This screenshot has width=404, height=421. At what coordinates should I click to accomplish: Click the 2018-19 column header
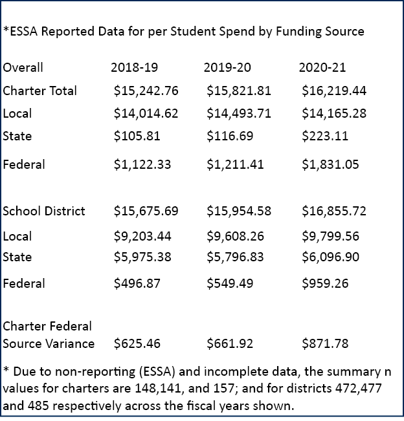point(134,67)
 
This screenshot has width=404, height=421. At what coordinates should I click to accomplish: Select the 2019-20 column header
point(227,67)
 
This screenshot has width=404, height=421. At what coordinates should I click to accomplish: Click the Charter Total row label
point(40,91)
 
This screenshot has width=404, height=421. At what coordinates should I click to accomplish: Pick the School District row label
point(44,211)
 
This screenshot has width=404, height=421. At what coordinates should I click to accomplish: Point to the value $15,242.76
point(146,91)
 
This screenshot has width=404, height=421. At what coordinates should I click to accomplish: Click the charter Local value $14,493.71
point(239,113)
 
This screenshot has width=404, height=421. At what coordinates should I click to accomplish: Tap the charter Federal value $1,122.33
point(142,164)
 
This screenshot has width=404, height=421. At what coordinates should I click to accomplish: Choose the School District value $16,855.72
point(334,211)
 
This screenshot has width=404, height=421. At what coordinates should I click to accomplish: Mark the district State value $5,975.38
point(142,257)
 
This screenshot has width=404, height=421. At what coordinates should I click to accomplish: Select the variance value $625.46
point(137,343)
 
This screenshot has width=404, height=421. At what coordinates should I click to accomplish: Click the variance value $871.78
point(325,343)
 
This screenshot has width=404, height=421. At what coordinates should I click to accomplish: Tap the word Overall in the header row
point(23,67)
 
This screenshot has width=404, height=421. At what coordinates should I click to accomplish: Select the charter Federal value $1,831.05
point(330,164)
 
